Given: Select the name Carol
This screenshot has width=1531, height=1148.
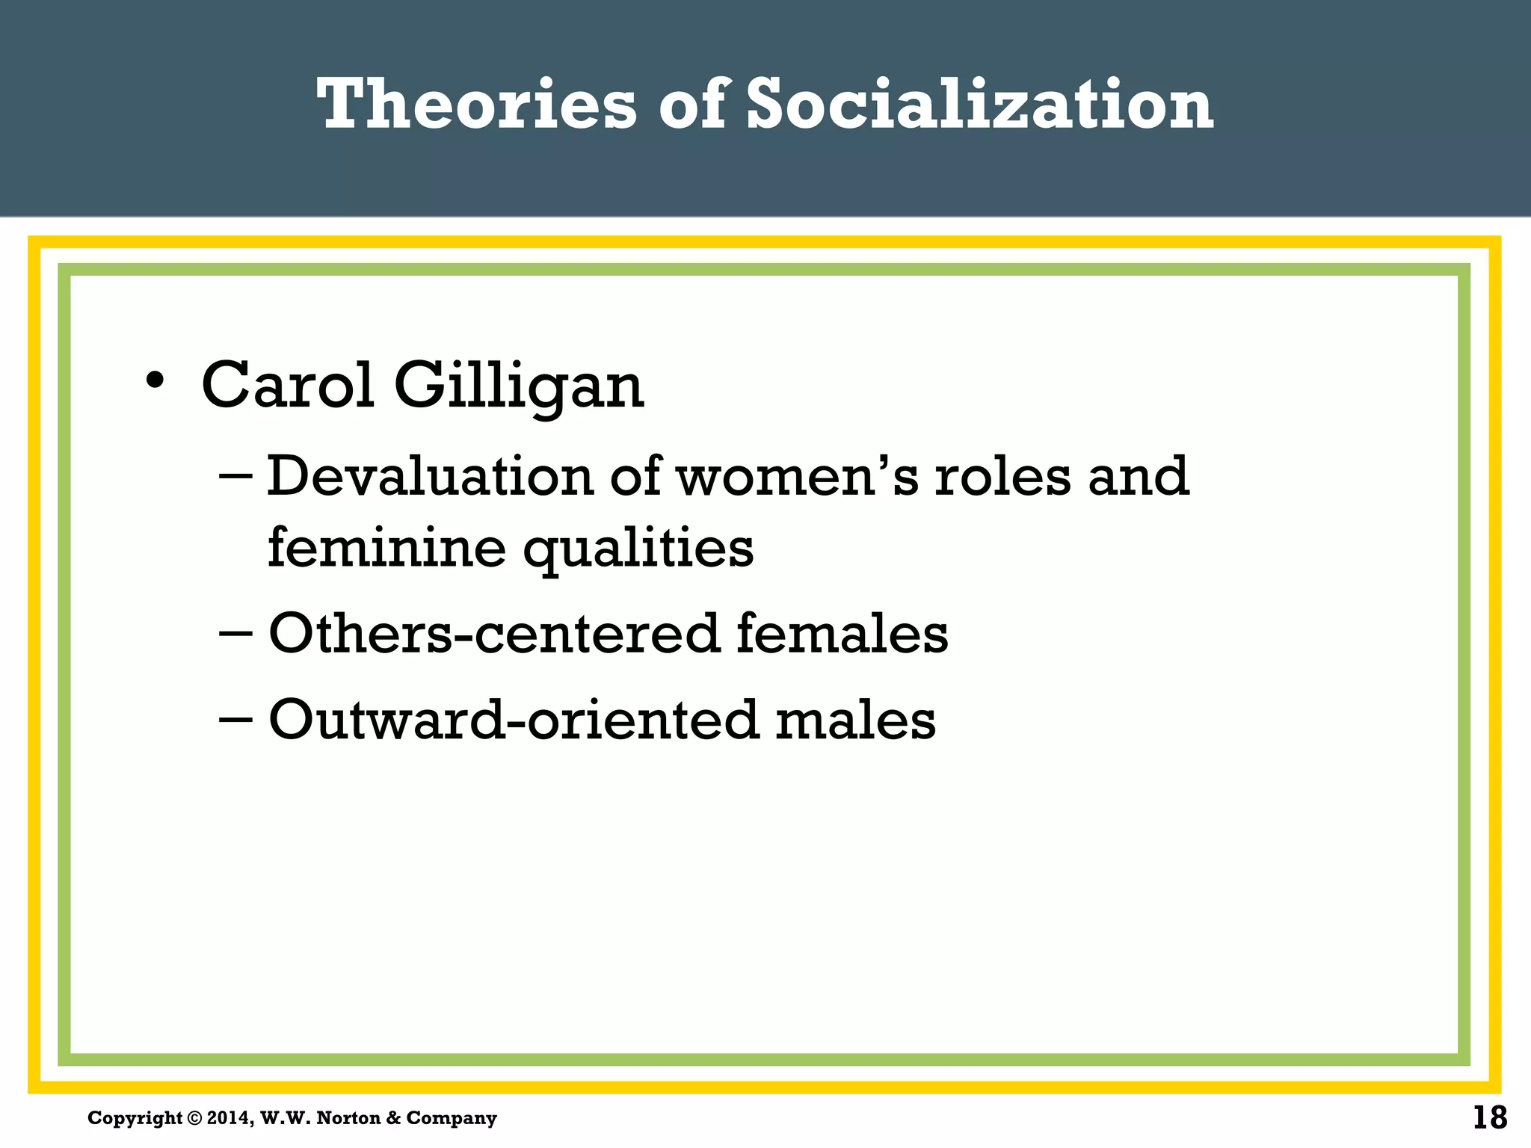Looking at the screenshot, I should pyautogui.click(x=288, y=386).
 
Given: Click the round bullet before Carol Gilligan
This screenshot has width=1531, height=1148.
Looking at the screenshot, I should pyautogui.click(x=155, y=380).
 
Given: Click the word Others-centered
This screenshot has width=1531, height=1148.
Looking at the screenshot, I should pyautogui.click(x=493, y=634).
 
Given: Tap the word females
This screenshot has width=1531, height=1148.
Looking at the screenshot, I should pyautogui.click(x=842, y=634).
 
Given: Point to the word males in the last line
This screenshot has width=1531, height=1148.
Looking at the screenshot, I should pyautogui.click(x=855, y=720).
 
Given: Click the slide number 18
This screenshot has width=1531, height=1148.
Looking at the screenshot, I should pyautogui.click(x=1489, y=1118).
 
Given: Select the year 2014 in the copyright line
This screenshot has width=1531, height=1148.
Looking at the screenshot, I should pyautogui.click(x=229, y=1118).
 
